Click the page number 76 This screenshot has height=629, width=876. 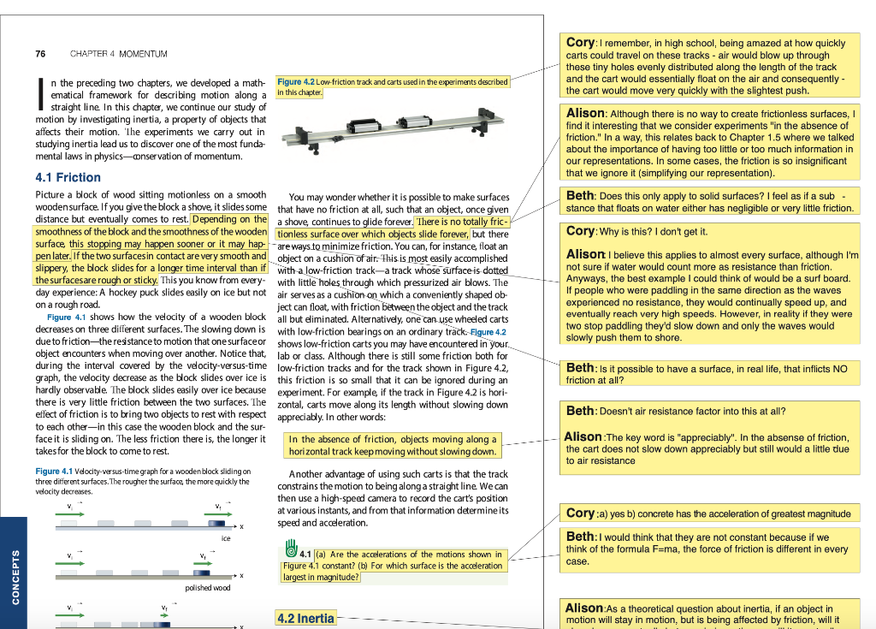(40, 54)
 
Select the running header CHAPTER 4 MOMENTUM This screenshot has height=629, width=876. (119, 54)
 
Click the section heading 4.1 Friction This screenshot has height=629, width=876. (68, 177)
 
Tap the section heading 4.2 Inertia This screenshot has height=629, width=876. (305, 618)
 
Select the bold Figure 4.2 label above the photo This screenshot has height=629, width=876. (297, 82)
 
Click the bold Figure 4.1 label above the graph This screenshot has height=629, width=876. (54, 472)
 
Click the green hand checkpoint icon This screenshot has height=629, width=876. (290, 547)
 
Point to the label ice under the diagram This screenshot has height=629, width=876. (226, 538)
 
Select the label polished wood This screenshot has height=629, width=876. (208, 588)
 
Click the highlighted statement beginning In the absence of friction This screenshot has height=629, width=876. (393, 445)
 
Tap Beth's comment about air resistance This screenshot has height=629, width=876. (676, 411)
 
